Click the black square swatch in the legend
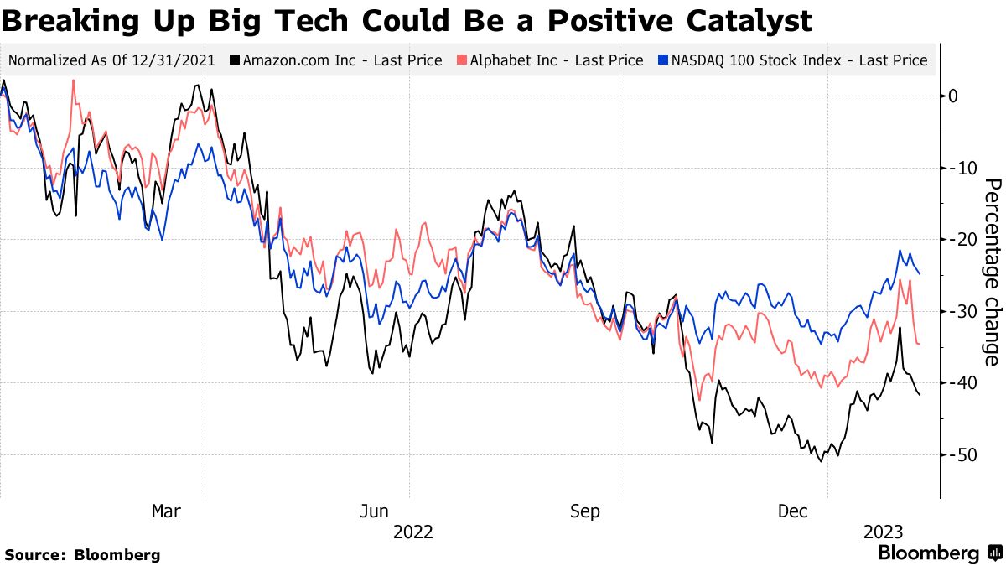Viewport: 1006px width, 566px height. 236,60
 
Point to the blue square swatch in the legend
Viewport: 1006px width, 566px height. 664,60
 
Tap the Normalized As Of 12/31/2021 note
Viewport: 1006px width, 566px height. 111,60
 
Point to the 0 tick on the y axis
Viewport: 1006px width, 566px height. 952,96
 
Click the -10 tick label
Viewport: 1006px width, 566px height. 959,168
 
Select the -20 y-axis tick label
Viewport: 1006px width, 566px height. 959,240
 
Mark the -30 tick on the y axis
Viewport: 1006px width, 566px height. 959,311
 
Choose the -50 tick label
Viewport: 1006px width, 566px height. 959,454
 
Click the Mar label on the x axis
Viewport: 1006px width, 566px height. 165,511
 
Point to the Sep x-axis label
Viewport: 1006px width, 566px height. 584,511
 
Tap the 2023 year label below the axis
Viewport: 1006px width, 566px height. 883,532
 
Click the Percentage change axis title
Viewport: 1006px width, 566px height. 992,272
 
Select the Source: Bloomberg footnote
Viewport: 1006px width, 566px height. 82,554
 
